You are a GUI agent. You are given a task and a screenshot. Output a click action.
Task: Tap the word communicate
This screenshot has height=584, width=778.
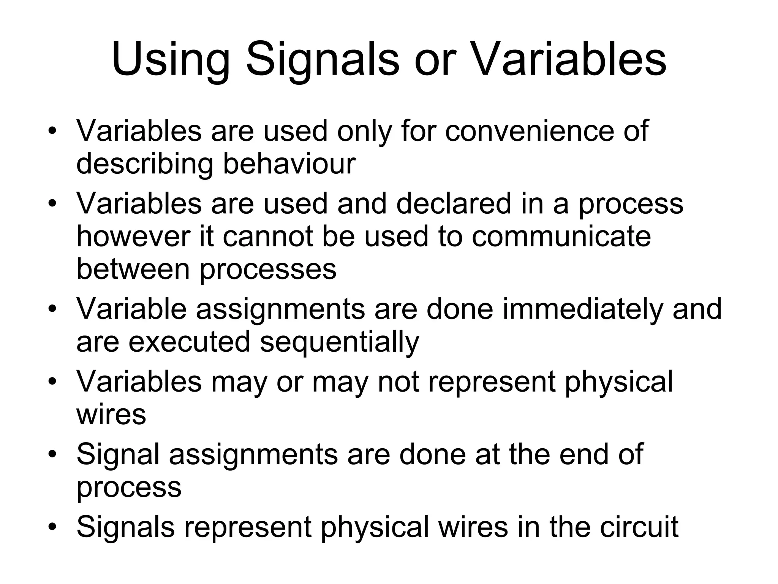point(561,236)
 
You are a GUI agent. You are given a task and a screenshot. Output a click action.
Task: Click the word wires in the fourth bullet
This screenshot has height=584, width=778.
point(111,414)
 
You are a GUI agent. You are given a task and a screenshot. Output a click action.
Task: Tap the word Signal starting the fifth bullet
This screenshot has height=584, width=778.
point(118,454)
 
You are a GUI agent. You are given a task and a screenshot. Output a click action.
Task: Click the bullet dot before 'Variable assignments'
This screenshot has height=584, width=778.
point(52,308)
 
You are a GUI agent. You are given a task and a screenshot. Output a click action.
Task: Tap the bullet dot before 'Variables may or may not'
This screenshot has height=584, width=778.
point(52,381)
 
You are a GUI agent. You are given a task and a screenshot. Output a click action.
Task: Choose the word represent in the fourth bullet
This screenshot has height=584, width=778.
point(492,382)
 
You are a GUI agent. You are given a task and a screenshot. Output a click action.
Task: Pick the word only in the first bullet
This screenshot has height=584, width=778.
point(364,132)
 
